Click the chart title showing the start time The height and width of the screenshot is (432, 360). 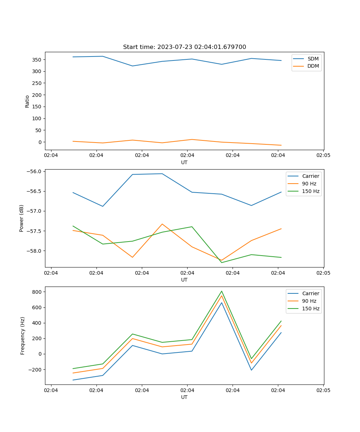[x=184, y=47]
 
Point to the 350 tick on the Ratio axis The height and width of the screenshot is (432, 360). [x=37, y=59]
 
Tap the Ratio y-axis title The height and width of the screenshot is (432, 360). [x=27, y=101]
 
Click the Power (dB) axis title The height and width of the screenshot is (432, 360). [x=22, y=218]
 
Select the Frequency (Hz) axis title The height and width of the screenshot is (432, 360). [x=23, y=336]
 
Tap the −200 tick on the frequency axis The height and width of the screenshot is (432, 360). [x=35, y=370]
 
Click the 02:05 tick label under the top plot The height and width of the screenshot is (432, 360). [x=323, y=156]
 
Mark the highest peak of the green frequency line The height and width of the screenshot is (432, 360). [x=222, y=291]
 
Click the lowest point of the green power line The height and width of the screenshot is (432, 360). [x=222, y=262]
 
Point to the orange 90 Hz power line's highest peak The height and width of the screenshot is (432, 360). [x=162, y=224]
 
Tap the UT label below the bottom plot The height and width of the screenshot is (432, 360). [x=184, y=397]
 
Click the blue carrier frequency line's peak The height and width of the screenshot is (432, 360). [x=222, y=302]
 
